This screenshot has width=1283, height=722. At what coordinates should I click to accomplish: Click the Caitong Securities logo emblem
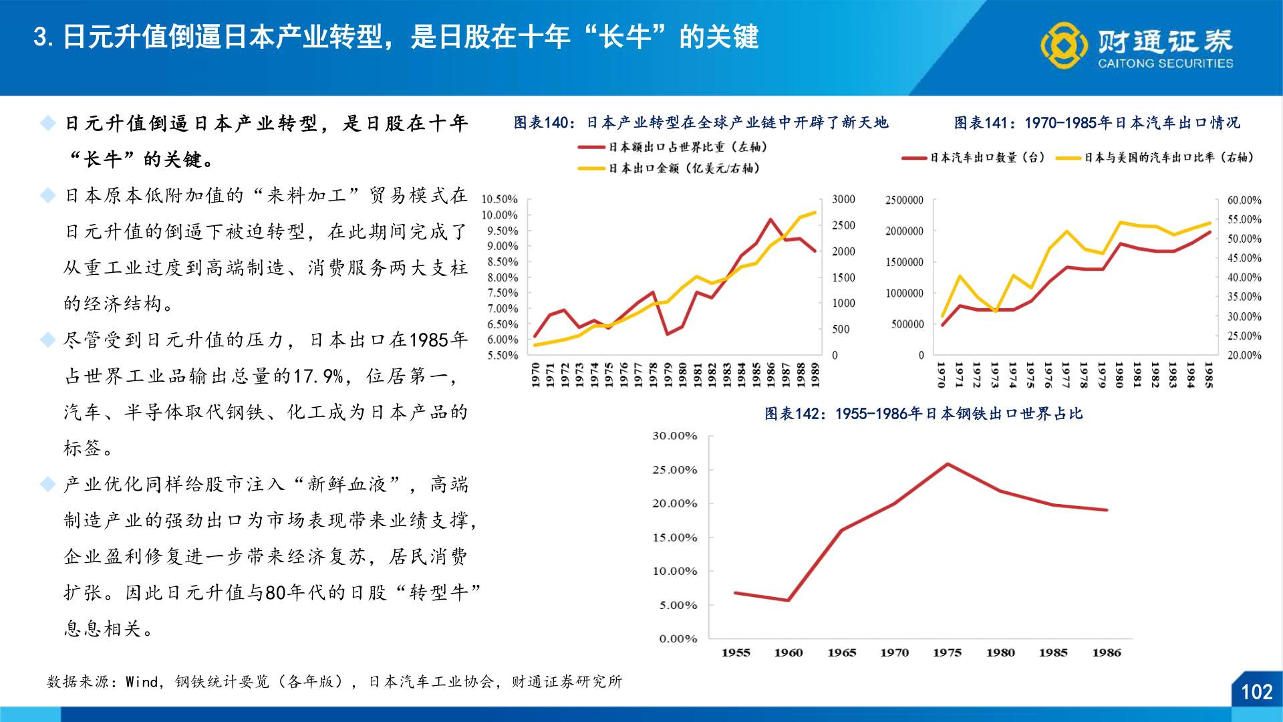coord(1064,45)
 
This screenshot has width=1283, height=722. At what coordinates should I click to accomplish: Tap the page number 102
coord(1256,692)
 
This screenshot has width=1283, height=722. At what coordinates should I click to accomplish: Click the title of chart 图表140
coord(700,122)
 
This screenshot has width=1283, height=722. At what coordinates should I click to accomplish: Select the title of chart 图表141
coord(1097,122)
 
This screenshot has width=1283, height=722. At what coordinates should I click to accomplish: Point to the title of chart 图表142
coord(923,414)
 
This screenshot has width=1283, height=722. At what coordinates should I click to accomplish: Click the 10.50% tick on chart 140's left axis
coord(499,199)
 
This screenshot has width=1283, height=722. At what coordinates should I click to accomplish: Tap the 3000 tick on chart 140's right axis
coord(843,199)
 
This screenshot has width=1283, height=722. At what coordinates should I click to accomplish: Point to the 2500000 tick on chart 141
coord(904,200)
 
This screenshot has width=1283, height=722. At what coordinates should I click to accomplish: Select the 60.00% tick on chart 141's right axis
coord(1244,200)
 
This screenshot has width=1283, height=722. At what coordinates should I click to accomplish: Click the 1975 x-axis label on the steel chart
coord(947,652)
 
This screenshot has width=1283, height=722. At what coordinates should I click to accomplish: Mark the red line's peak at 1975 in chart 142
coord(948,464)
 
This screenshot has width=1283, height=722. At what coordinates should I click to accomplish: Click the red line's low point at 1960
coord(789,600)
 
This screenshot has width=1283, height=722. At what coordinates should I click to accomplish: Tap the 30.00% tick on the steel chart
coord(674,436)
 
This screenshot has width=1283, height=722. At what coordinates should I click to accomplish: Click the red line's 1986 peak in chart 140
coord(771,219)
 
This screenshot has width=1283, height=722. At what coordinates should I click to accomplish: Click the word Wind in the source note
coord(142,682)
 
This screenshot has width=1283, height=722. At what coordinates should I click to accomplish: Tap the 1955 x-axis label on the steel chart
coord(736,652)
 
